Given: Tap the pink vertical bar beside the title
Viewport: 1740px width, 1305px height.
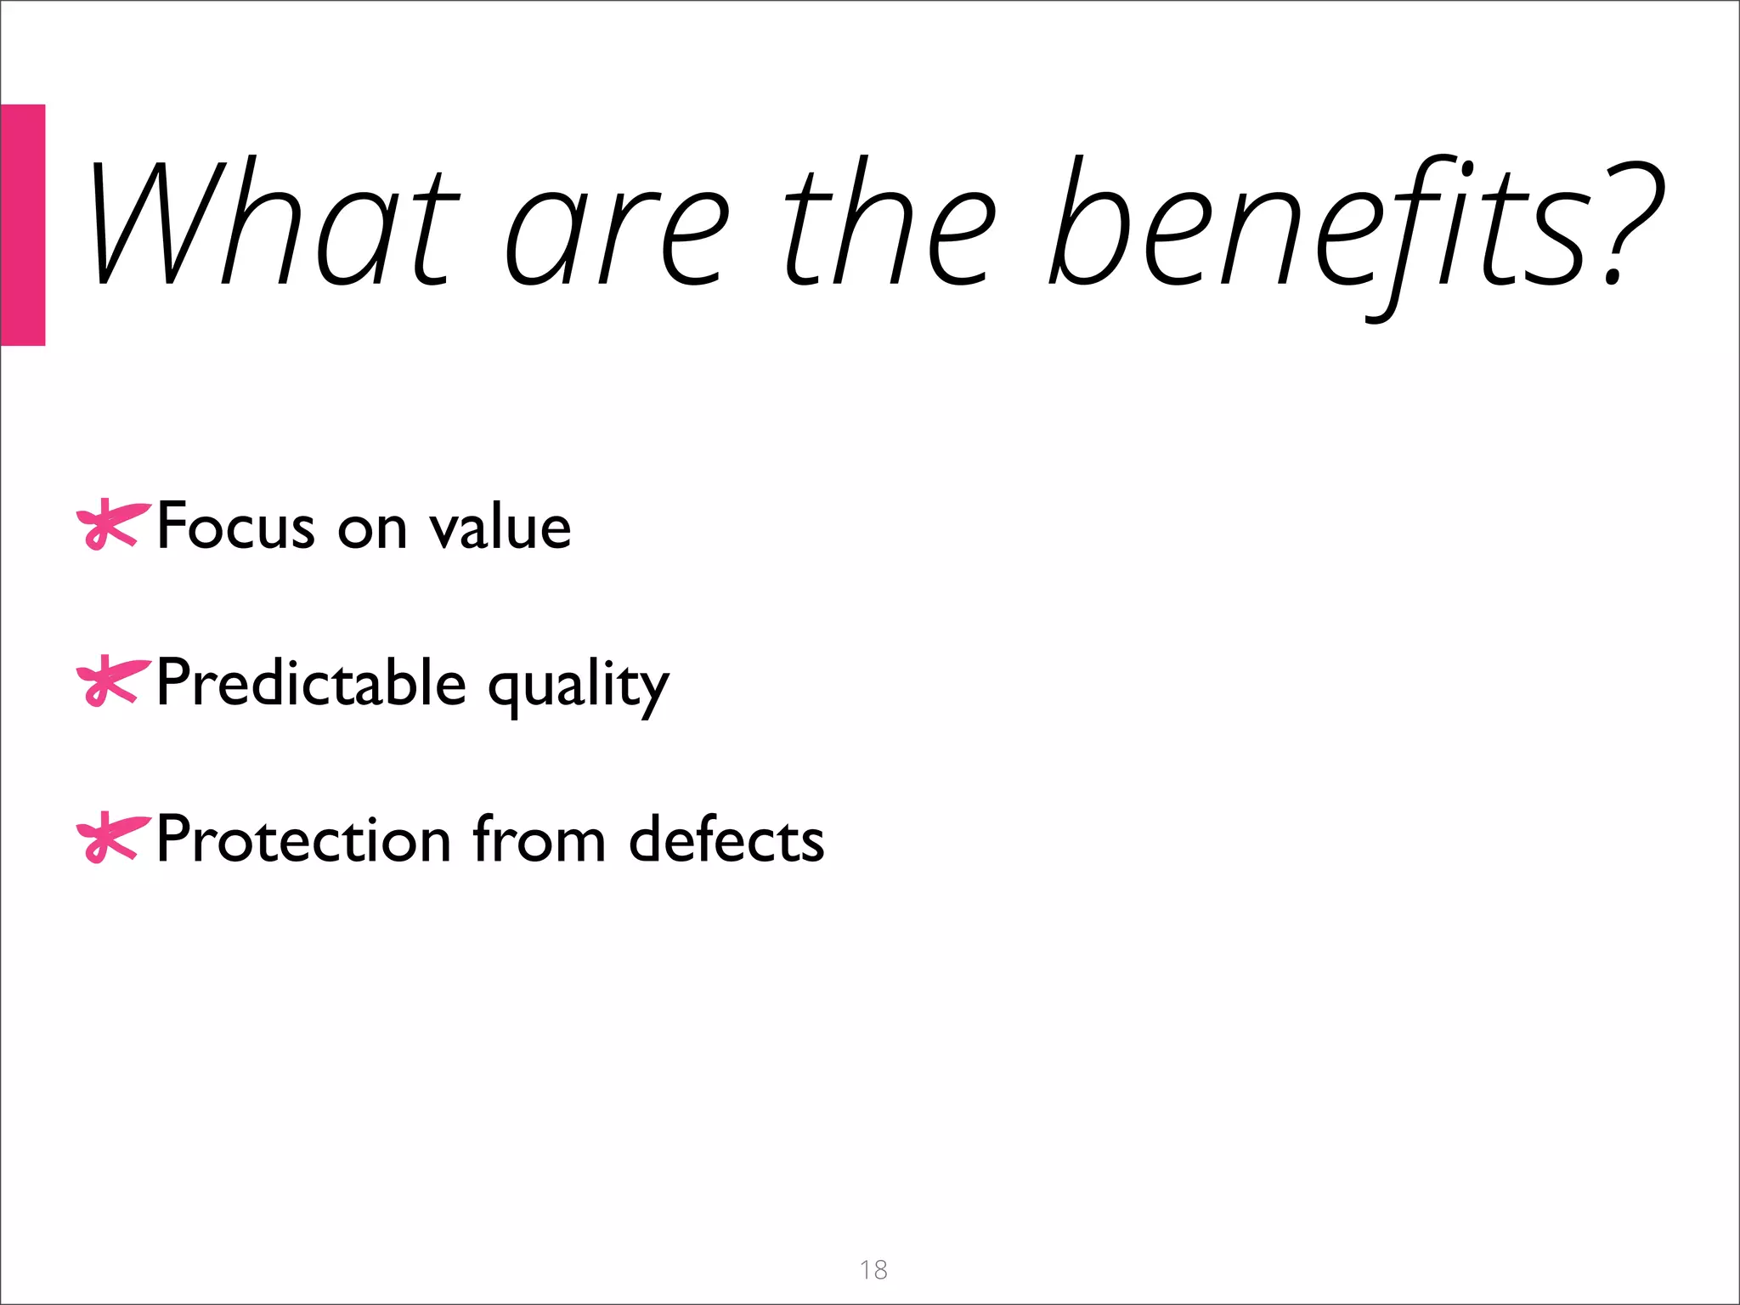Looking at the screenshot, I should [x=22, y=225].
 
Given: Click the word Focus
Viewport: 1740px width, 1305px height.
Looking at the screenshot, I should [x=235, y=526].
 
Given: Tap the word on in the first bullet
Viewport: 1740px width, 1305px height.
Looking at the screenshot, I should [x=372, y=531].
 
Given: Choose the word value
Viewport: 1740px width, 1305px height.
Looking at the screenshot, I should [x=500, y=526].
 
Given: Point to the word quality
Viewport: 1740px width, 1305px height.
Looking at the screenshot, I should [x=579, y=688].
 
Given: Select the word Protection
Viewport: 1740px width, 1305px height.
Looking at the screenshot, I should [x=302, y=839].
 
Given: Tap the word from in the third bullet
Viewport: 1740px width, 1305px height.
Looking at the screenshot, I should [x=539, y=839].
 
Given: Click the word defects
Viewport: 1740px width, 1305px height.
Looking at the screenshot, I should [x=726, y=839].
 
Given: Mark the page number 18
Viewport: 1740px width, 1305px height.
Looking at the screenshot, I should [x=873, y=1269].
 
